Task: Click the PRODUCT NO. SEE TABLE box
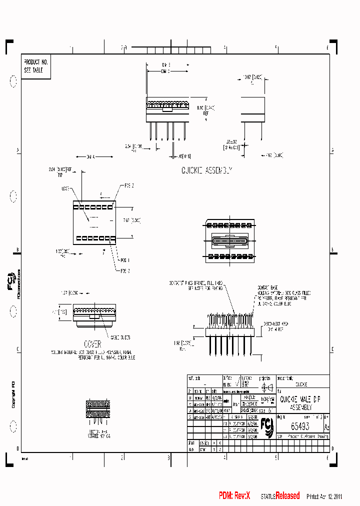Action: pos(35,66)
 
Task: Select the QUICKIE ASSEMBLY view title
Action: pos(207,171)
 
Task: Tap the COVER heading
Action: pos(92,344)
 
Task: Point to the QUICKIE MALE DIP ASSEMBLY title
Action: pos(300,403)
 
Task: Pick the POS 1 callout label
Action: pos(124,260)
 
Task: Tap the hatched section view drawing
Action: pos(97,409)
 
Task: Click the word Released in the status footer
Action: pos(287,495)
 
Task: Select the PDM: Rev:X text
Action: pos(234,495)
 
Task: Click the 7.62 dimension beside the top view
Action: pos(126,219)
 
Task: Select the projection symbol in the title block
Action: pos(266,387)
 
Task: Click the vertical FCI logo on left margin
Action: pos(11,285)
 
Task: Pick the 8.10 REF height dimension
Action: pos(202,110)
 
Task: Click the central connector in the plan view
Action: pos(231,240)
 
